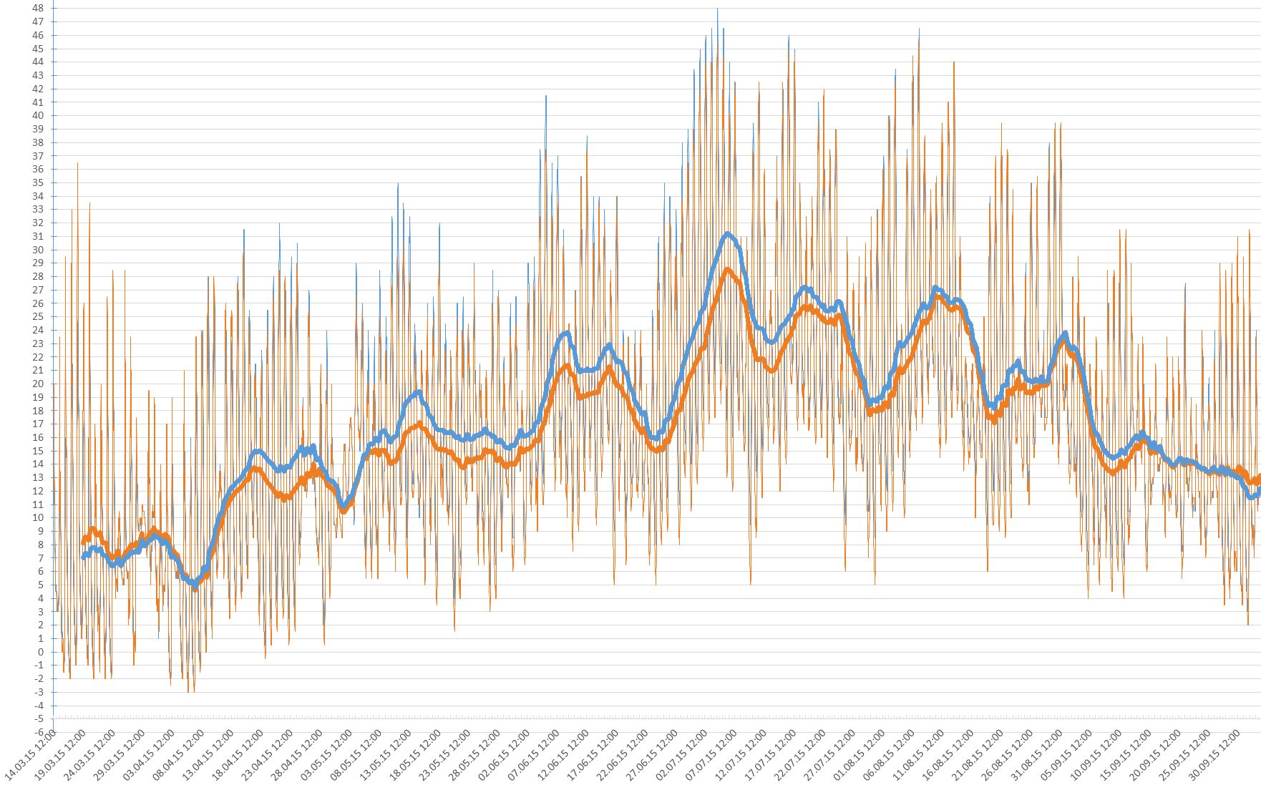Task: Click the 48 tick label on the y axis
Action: (x=38, y=9)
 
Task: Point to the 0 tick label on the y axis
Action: (x=40, y=652)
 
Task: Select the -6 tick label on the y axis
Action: (x=38, y=732)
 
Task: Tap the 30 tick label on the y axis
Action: (x=38, y=250)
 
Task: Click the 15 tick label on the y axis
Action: (x=38, y=451)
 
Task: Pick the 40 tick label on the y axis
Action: (x=38, y=116)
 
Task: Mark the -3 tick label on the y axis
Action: (x=38, y=692)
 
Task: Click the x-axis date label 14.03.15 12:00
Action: (x=30, y=755)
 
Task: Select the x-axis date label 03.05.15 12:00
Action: (x=326, y=755)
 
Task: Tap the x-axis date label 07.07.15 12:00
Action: (x=712, y=755)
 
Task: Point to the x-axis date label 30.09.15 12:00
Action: (x=1215, y=755)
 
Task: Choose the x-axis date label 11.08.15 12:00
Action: (x=920, y=755)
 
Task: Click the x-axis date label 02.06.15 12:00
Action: (x=505, y=755)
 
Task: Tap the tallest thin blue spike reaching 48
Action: (x=717, y=10)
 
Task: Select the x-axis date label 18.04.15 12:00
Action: (x=238, y=755)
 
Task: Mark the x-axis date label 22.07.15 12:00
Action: (x=801, y=755)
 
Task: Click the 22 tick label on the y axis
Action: (x=38, y=357)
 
